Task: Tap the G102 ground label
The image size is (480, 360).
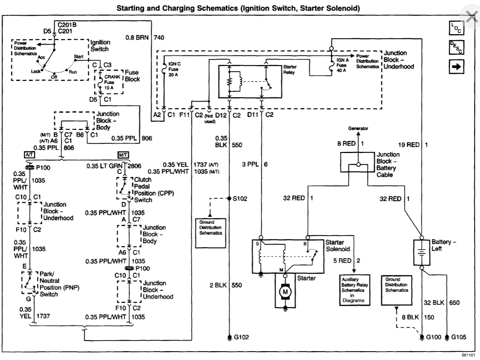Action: (242, 337)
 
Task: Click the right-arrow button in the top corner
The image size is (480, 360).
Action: (457, 66)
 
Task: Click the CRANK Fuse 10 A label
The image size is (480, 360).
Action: (113, 82)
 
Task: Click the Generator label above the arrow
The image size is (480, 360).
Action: (358, 128)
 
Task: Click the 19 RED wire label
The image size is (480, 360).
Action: (408, 145)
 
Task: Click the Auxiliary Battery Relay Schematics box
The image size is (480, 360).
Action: (353, 290)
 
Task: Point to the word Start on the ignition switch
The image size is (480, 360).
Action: (79, 56)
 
